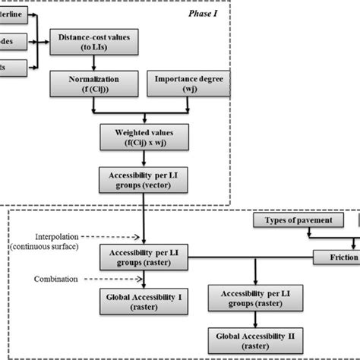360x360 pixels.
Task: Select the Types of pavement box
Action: (298, 220)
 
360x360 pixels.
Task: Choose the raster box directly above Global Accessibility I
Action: (138, 254)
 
